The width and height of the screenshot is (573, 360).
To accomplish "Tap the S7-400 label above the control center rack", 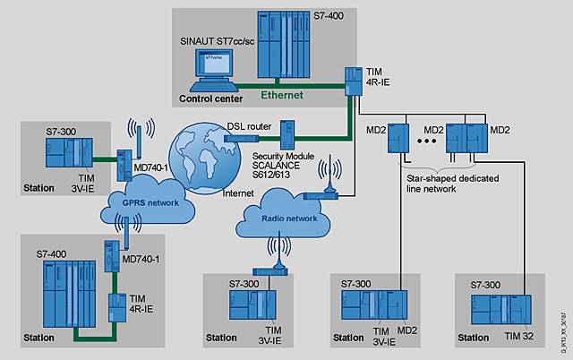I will pyautogui.click(x=344, y=18).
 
